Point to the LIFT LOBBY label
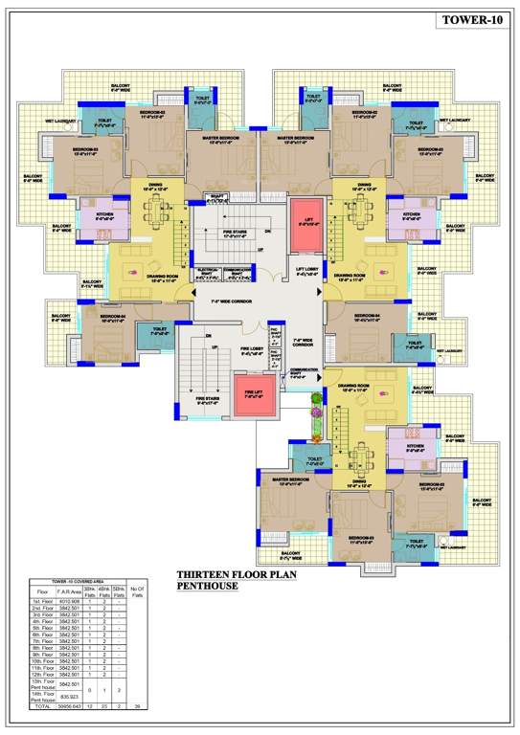pos(306,271)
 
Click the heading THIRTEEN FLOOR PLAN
pos(239,576)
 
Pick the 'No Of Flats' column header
pos(137,590)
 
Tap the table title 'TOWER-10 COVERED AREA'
pos(81,581)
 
